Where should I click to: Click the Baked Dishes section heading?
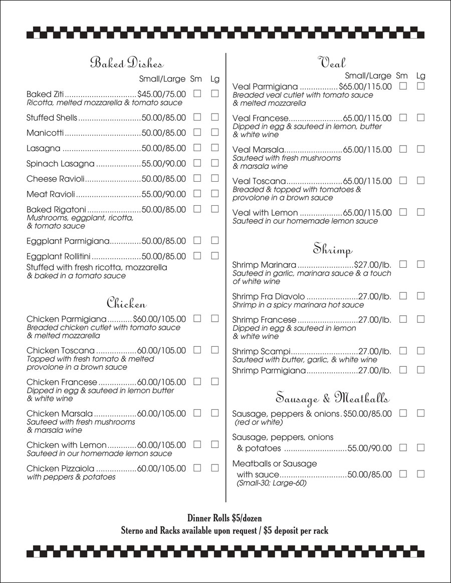click(127, 63)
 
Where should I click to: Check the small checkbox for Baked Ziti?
click(197, 94)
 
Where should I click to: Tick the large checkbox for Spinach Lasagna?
click(215, 163)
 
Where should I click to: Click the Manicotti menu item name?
click(45, 133)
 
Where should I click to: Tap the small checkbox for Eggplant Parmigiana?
click(197, 241)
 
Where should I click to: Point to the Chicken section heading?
click(126, 303)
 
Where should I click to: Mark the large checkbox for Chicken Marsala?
click(215, 413)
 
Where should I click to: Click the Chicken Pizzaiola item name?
click(60, 468)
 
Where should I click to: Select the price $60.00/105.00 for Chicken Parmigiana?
click(159, 319)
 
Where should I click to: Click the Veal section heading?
click(332, 63)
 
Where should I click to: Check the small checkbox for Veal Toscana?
click(403, 180)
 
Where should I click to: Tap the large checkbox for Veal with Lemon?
click(420, 212)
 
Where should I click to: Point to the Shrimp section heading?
click(333, 248)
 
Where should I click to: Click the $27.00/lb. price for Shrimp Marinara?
click(373, 265)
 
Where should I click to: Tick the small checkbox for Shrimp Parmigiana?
click(403, 370)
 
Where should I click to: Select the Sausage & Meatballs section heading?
click(332, 398)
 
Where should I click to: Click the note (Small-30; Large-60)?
click(271, 483)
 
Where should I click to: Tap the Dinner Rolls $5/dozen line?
click(224, 518)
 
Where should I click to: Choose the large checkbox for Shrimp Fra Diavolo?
click(420, 296)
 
